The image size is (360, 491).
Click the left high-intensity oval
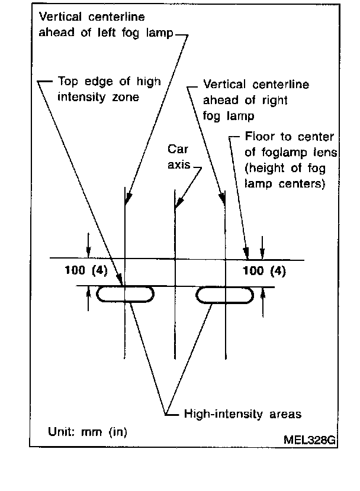tap(125, 295)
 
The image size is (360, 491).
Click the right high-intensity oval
tap(225, 295)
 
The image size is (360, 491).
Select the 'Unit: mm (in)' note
tap(87, 431)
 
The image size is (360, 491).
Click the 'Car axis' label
tap(178, 157)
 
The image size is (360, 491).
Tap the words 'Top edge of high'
tap(110, 82)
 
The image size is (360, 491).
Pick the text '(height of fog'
tap(284, 167)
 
